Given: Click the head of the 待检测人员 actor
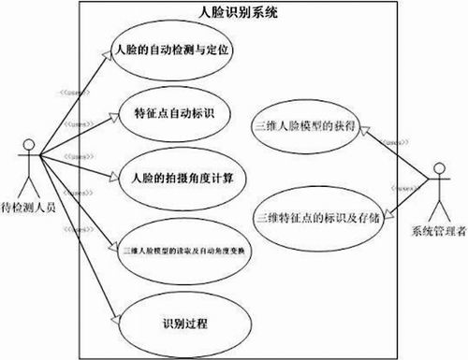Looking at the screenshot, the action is [29, 145].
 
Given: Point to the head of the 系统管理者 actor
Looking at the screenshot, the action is [437, 166].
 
